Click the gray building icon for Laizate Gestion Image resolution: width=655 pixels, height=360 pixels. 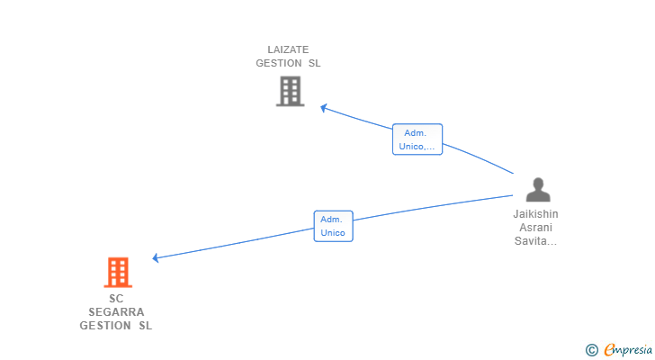pyautogui.click(x=290, y=91)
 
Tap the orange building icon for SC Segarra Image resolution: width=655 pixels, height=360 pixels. pyautogui.click(x=118, y=272)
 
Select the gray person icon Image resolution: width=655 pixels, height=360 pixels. pyautogui.click(x=537, y=190)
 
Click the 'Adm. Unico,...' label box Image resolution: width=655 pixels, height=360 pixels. pyautogui.click(x=417, y=139)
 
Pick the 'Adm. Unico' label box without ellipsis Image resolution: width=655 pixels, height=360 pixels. pyautogui.click(x=333, y=226)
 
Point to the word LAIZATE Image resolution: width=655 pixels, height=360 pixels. pyautogui.click(x=288, y=49)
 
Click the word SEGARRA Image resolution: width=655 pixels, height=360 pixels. pyautogui.click(x=116, y=312)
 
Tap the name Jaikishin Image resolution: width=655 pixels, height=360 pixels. pyautogui.click(x=535, y=214)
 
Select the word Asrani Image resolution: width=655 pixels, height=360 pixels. pyautogui.click(x=535, y=228)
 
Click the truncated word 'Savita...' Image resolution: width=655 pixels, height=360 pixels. pyautogui.click(x=535, y=241)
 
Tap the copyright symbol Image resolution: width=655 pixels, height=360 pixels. pyautogui.click(x=591, y=349)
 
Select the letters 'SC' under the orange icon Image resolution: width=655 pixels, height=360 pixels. pyautogui.click(x=116, y=299)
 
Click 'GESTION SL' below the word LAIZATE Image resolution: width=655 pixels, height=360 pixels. pyautogui.click(x=288, y=64)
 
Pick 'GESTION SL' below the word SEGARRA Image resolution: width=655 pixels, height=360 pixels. pyautogui.click(x=116, y=326)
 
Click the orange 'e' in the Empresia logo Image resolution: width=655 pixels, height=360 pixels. pyautogui.click(x=609, y=349)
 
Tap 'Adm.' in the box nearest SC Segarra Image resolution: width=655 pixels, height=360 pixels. pyautogui.click(x=332, y=220)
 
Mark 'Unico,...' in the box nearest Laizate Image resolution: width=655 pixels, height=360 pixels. pyautogui.click(x=417, y=146)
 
